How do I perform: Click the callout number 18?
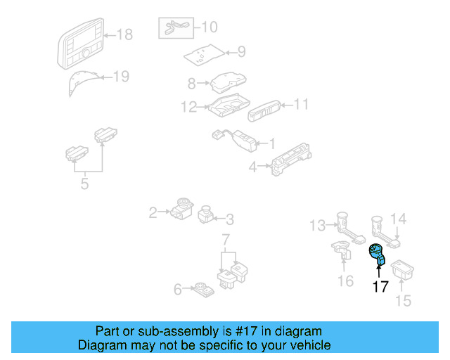(124, 34)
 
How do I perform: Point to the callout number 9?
(240, 51)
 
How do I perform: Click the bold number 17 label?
(380, 286)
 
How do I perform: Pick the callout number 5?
(85, 185)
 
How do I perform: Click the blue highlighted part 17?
(378, 253)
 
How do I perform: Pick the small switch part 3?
(207, 212)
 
